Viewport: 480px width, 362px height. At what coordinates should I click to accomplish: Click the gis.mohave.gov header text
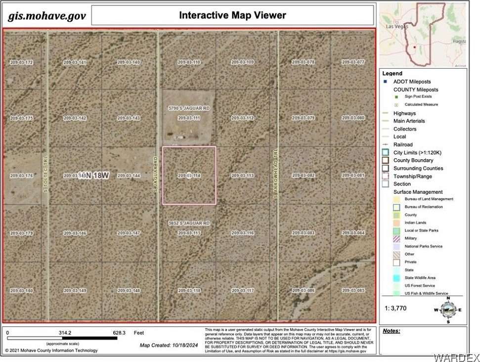click(47, 16)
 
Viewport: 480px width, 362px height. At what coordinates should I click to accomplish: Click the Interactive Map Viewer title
click(232, 15)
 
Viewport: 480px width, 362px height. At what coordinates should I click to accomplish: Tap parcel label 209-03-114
click(189, 176)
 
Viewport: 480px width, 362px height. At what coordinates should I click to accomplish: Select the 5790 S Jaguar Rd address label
click(189, 107)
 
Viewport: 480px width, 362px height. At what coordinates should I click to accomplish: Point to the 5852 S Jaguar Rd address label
click(189, 224)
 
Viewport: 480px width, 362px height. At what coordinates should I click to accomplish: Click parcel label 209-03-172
click(22, 62)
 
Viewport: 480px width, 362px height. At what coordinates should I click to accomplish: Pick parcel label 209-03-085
click(353, 290)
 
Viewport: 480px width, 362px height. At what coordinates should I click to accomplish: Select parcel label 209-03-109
click(243, 62)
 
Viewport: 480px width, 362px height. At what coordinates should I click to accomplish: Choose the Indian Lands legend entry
click(415, 223)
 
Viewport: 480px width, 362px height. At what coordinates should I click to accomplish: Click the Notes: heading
click(392, 331)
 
